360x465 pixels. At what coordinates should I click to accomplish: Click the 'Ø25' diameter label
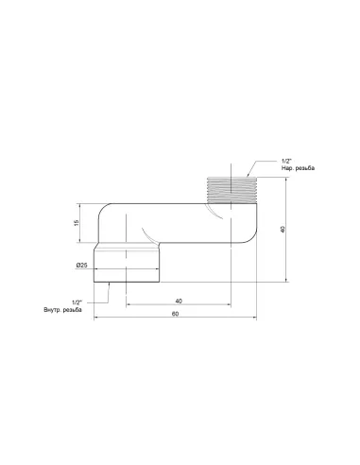(x=82, y=267)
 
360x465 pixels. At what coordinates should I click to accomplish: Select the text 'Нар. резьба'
(x=298, y=168)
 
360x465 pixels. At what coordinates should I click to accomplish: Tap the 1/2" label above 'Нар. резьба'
(x=286, y=160)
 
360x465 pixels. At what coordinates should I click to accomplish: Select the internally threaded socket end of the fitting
(x=129, y=266)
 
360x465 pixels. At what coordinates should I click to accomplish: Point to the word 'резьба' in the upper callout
(x=304, y=168)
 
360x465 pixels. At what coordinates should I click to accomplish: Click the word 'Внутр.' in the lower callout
(x=51, y=310)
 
